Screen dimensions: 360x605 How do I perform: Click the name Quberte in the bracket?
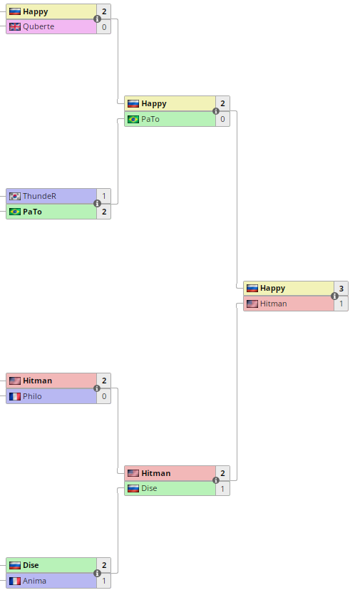38,26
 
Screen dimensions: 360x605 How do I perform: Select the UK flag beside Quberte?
15,26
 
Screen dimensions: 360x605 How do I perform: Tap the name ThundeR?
39,196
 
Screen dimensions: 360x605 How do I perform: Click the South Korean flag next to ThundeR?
15,196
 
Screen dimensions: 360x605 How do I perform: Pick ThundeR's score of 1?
104,196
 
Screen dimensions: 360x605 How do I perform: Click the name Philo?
32,396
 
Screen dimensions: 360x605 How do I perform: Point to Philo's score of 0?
104,396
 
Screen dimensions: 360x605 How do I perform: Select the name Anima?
34,581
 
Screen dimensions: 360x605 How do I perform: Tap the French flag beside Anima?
15,581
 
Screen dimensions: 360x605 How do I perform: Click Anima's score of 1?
104,581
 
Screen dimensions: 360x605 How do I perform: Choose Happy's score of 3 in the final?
341,288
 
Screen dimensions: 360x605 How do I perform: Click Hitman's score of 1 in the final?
341,304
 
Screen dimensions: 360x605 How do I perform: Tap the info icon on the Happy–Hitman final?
334,296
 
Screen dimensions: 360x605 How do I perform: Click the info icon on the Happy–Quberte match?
97,19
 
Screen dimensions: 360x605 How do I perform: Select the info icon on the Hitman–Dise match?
216,480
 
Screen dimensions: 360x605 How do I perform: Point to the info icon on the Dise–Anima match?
97,573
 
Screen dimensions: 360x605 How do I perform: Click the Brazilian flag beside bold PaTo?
15,212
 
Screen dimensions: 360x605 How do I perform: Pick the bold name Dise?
31,565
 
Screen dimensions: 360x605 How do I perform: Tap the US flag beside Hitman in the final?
252,304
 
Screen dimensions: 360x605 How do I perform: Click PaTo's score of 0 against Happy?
222,119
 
